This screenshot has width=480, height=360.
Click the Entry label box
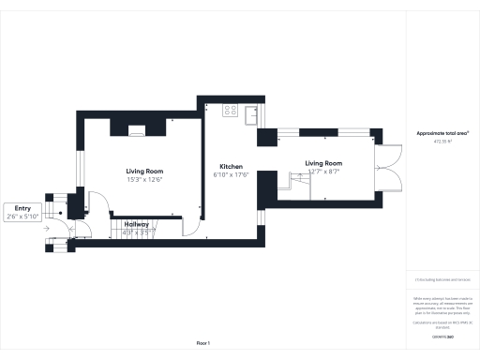click(x=23, y=212)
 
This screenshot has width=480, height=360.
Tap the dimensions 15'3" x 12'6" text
click(x=145, y=179)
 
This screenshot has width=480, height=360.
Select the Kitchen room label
click(x=231, y=167)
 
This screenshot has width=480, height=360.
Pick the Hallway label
click(x=136, y=225)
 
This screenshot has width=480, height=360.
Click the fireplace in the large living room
click(x=138, y=130)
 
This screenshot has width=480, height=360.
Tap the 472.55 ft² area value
click(x=442, y=142)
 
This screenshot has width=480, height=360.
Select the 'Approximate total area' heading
click(x=442, y=135)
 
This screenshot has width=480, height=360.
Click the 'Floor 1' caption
click(x=203, y=344)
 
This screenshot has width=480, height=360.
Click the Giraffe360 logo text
click(x=442, y=335)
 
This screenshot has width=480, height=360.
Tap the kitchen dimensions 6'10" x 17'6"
click(x=231, y=174)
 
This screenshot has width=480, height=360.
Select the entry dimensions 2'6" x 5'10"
click(x=23, y=217)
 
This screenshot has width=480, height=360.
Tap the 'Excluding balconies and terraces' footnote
click(x=442, y=280)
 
